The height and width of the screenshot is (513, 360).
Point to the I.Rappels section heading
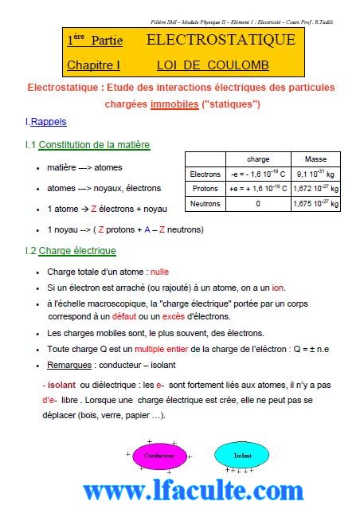click(46, 123)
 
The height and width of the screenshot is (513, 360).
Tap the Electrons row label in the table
click(205, 174)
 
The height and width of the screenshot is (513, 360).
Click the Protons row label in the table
click(205, 189)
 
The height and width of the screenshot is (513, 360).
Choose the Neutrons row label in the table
click(205, 204)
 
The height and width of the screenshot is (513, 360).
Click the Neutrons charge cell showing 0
click(258, 204)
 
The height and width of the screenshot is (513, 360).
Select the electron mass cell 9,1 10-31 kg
click(315, 174)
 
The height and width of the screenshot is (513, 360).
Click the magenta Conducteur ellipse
click(159, 456)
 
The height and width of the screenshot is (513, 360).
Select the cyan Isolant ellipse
click(242, 456)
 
